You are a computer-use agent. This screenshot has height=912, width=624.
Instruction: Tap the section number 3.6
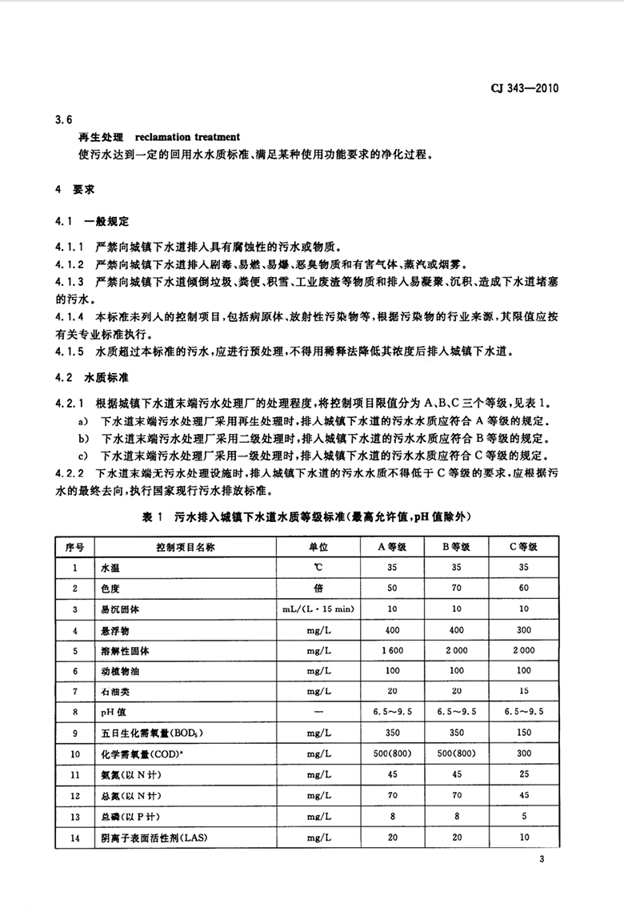64,120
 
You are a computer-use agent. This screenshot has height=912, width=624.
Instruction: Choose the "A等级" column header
393,547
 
